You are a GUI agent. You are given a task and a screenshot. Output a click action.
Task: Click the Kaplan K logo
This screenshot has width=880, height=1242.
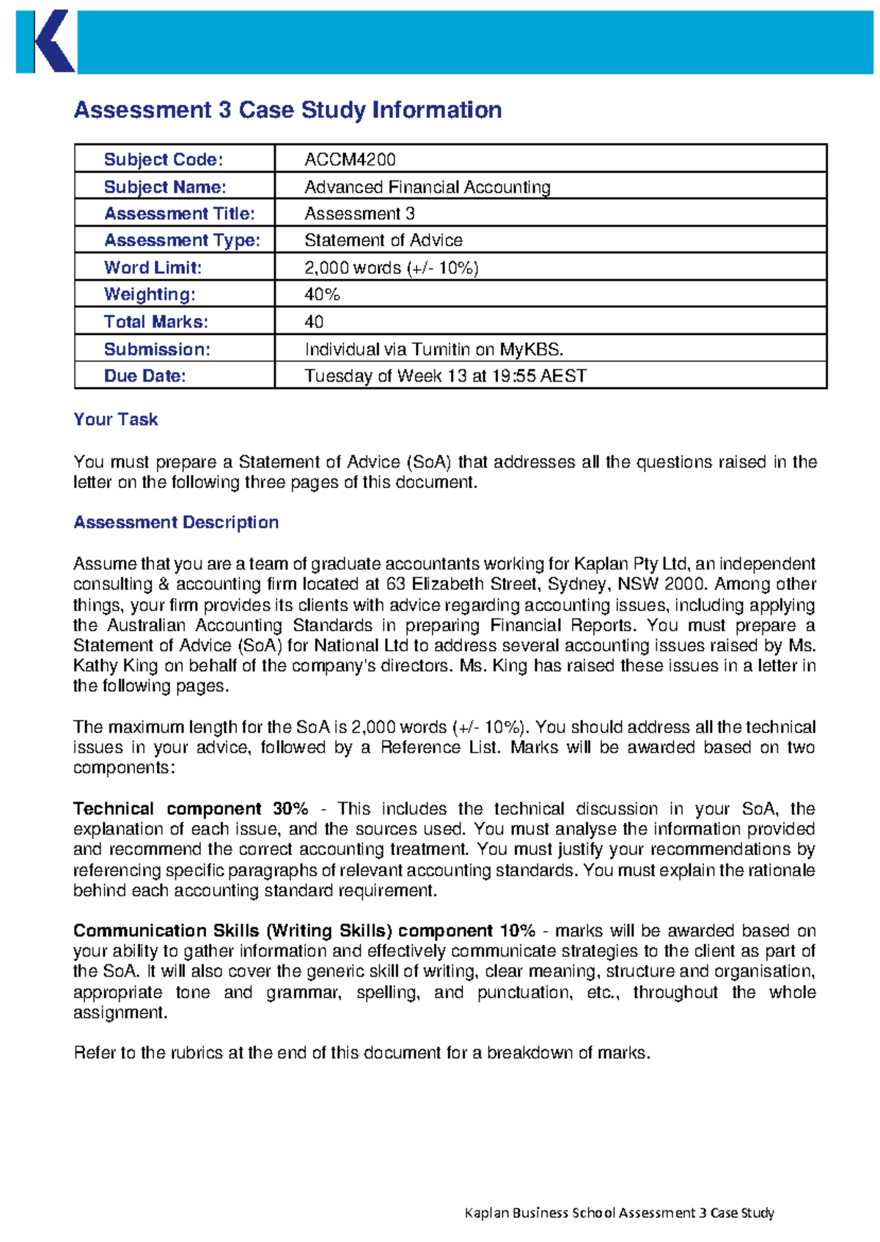[45, 42]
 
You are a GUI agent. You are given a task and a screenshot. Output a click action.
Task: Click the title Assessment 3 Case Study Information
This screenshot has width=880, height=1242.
[287, 110]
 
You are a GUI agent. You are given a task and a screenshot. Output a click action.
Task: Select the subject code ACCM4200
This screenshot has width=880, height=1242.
[350, 160]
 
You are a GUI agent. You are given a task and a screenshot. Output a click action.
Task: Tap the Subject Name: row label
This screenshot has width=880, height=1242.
[165, 187]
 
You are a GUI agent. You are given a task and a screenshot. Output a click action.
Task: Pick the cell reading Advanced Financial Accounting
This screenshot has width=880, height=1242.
[427, 187]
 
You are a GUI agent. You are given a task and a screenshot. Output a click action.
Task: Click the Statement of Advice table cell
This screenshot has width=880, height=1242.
[383, 240]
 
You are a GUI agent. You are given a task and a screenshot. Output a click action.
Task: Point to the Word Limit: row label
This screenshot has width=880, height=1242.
[153, 267]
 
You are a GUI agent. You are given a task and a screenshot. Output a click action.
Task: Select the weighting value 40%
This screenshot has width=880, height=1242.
[322, 295]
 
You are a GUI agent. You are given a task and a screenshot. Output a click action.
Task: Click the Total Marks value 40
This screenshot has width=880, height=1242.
[314, 322]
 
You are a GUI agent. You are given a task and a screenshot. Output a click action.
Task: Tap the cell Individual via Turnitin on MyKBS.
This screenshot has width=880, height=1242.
[433, 349]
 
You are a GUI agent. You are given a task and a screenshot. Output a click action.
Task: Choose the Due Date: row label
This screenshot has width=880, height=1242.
[144, 376]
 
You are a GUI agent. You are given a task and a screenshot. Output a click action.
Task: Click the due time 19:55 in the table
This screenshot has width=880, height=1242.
[514, 376]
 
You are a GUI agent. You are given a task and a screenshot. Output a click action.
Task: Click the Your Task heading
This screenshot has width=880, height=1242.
[115, 419]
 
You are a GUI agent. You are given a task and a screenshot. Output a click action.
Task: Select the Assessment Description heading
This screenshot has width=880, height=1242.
[176, 522]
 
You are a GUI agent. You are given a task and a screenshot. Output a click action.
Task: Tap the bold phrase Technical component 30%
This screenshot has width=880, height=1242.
[190, 809]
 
